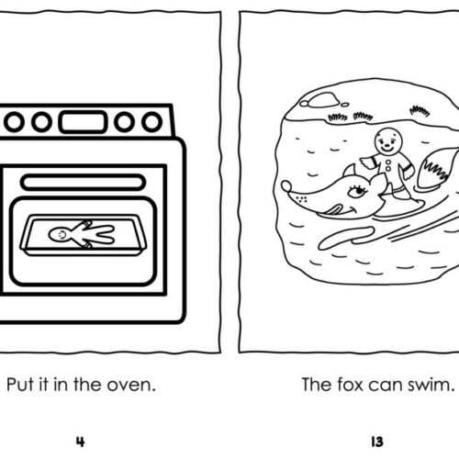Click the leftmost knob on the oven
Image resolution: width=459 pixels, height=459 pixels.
pos(16,121)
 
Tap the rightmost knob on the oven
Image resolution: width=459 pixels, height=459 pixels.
pos(151,121)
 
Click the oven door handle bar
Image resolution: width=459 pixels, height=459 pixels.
pos(85,179)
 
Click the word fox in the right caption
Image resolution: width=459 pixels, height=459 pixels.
pos(348,384)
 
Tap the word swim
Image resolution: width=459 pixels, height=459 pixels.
pos(427,384)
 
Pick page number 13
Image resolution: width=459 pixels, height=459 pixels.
pos(376,439)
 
